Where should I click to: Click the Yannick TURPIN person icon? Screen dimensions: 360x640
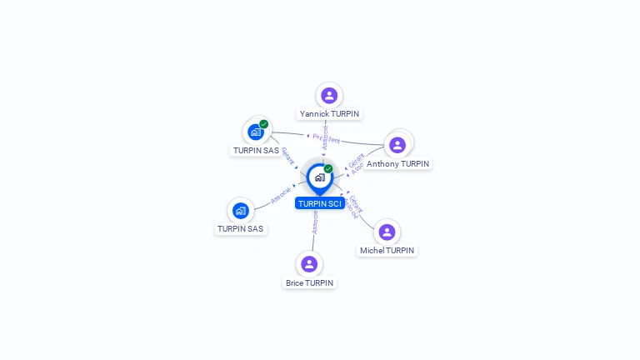tap(329, 95)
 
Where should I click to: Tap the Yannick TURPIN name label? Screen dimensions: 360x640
tap(330, 113)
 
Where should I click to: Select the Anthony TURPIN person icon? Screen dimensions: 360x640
tap(397, 145)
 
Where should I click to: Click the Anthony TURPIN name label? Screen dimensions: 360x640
tap(398, 164)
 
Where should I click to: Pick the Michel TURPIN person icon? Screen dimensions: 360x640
tap(386, 232)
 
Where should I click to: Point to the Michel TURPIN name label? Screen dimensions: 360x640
tap(387, 250)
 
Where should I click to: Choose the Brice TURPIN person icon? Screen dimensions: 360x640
tap(309, 264)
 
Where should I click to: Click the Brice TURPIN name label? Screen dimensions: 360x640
tap(309, 282)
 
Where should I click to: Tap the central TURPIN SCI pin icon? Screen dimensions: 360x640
tap(319, 177)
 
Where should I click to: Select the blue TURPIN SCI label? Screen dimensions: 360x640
tap(320, 203)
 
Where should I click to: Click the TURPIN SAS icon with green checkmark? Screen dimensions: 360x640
tap(255, 132)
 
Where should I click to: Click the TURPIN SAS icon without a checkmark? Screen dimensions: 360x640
tap(241, 210)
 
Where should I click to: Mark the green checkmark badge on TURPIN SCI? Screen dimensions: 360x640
tap(328, 168)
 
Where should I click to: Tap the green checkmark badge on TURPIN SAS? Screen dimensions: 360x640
tap(264, 124)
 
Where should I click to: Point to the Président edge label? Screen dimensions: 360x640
tap(326, 138)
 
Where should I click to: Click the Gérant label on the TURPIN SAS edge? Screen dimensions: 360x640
tap(287, 155)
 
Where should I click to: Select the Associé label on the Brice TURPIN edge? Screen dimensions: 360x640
tap(315, 221)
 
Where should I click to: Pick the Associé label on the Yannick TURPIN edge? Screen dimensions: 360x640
tap(324, 137)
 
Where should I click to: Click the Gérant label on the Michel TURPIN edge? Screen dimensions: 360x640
tap(356, 202)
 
